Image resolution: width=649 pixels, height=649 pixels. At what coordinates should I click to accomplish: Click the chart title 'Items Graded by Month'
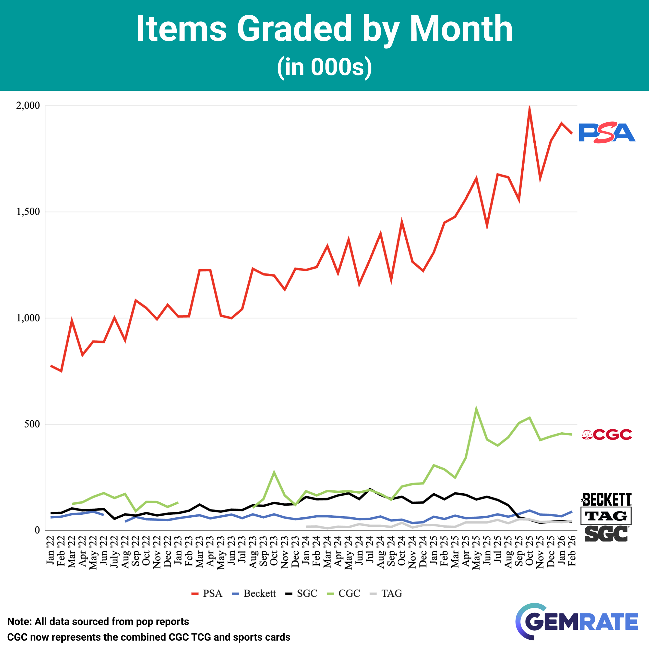[324, 29]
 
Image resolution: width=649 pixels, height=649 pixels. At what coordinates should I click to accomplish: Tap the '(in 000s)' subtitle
[324, 67]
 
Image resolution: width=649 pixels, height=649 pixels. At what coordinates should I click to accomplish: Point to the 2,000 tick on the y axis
[28, 106]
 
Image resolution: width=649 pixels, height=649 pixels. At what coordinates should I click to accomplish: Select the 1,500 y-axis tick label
[28, 212]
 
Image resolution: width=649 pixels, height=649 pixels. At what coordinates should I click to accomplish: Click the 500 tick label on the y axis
[32, 424]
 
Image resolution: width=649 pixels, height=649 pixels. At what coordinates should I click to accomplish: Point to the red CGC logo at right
[607, 435]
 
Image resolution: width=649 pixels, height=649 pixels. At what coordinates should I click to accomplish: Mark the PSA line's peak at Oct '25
[529, 108]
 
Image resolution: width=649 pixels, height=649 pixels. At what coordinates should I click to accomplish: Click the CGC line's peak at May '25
[476, 409]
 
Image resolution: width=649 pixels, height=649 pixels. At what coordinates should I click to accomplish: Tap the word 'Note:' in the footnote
[20, 621]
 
